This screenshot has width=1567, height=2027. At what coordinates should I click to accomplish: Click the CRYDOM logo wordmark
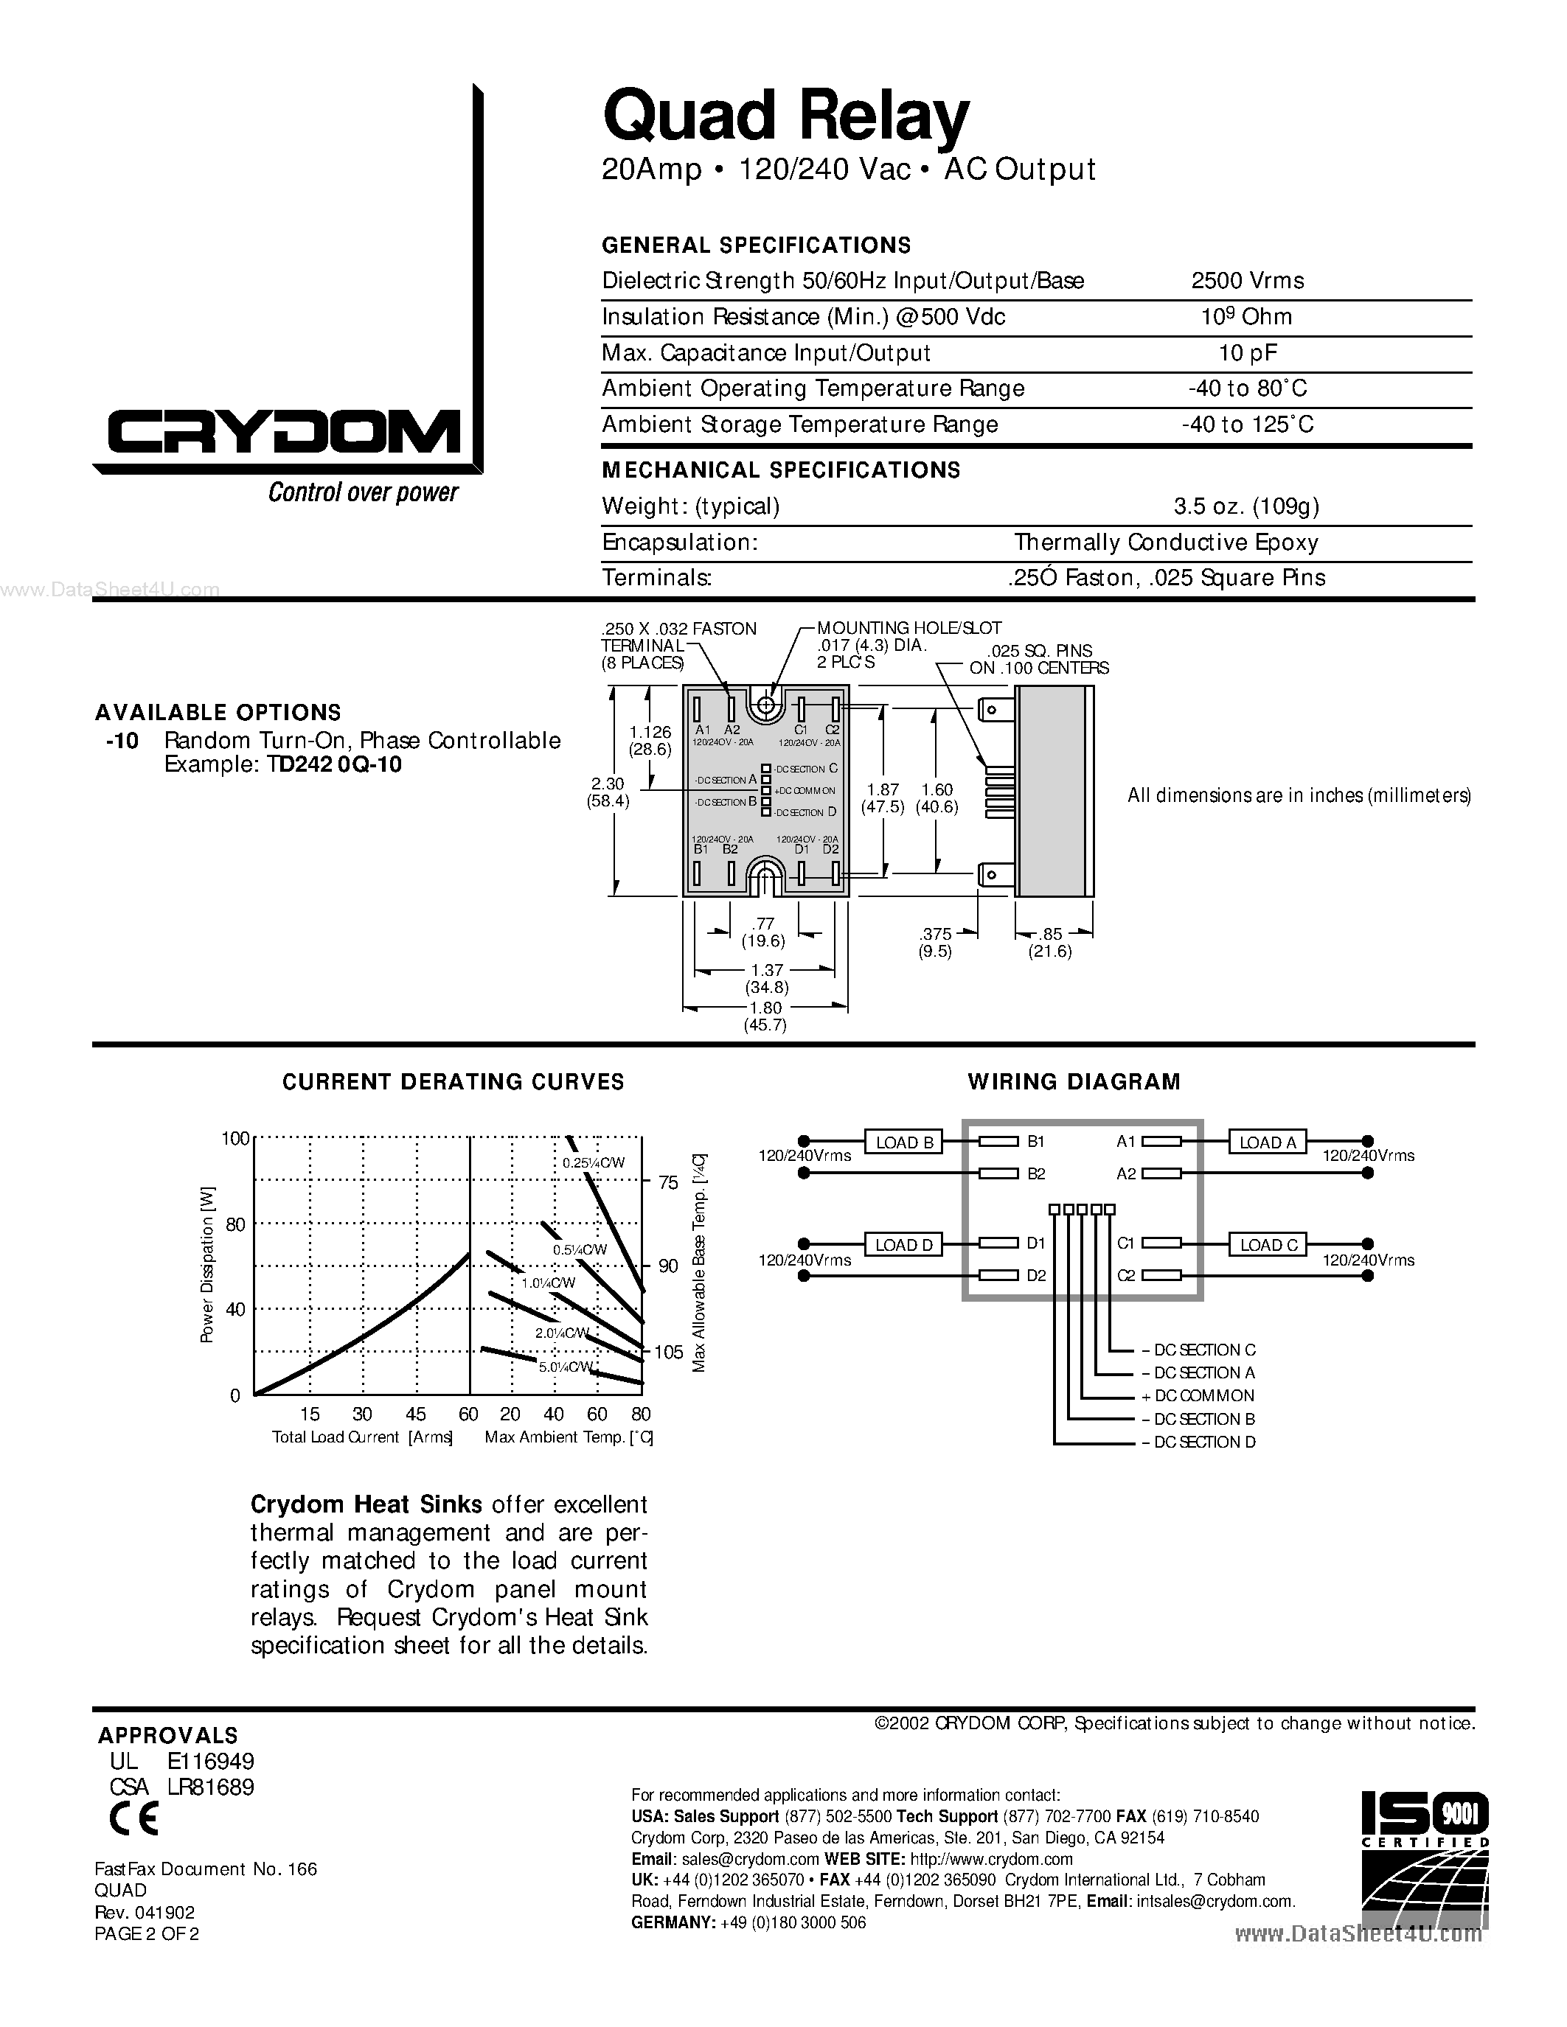283,433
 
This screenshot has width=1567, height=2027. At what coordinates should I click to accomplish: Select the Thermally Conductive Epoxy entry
1165,542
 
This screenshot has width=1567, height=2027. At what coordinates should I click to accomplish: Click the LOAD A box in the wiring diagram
1267,1142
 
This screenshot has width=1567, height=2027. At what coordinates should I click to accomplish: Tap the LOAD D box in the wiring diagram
904,1245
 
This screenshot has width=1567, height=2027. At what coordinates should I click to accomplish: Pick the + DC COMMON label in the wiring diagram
1198,1396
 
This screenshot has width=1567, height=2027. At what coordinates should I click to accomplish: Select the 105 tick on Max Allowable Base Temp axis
668,1353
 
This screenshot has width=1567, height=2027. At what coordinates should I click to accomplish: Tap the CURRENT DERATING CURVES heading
453,1082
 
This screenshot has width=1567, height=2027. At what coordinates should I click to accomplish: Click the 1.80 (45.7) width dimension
765,1016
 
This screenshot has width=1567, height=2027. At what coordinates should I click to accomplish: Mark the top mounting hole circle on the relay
765,706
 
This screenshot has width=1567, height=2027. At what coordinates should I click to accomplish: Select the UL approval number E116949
211,1762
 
